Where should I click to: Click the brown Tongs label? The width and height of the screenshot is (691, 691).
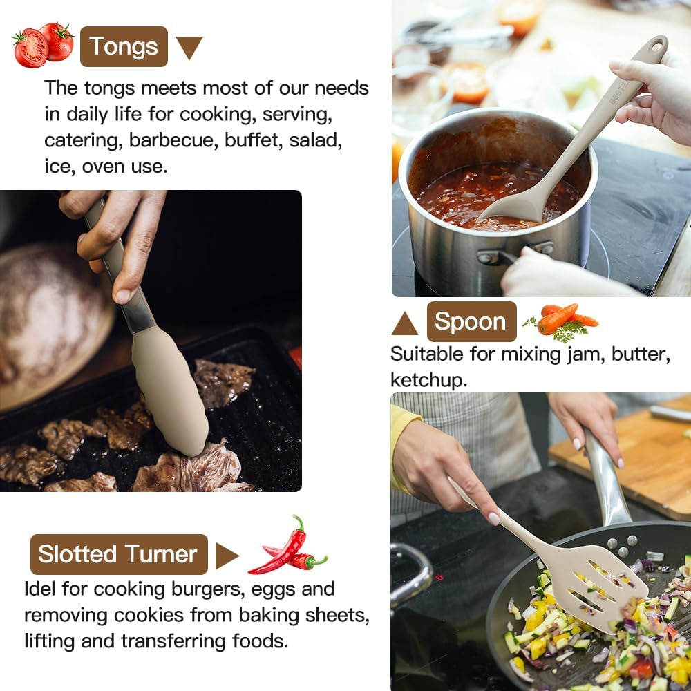tap(124, 46)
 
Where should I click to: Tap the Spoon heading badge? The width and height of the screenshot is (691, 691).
tap(471, 322)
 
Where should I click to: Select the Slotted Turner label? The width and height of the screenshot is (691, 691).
tap(119, 554)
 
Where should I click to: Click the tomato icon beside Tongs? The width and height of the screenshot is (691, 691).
tap(43, 44)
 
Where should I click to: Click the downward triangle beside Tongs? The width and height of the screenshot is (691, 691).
tap(189, 47)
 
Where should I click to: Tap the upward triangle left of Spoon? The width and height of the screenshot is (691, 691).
tap(404, 324)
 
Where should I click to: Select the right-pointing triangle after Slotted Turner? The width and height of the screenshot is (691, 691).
tap(227, 556)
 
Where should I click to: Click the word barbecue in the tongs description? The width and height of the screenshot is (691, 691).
tap(172, 140)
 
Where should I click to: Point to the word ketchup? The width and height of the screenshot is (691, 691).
tap(428, 380)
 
